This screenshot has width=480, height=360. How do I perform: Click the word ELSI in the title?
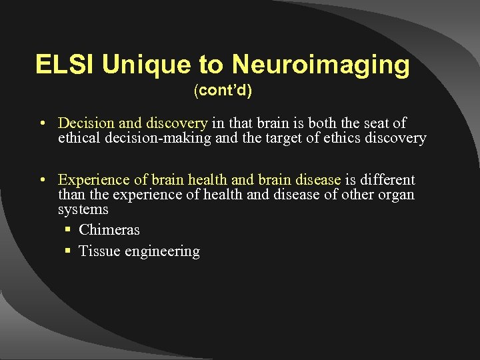pyautogui.click(x=66, y=65)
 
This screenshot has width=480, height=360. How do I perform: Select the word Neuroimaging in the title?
pyautogui.click(x=321, y=65)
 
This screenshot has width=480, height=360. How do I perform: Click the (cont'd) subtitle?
pyautogui.click(x=223, y=91)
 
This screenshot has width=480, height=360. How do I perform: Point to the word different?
pyautogui.click(x=387, y=180)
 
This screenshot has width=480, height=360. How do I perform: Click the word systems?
pyautogui.click(x=83, y=209)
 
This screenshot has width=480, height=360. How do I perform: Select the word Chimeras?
pyautogui.click(x=109, y=230)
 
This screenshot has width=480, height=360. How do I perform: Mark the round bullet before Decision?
pyautogui.click(x=42, y=124)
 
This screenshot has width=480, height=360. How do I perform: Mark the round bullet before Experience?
pyautogui.click(x=42, y=181)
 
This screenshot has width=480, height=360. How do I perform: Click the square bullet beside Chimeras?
pyautogui.click(x=68, y=231)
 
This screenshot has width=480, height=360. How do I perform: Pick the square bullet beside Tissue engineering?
pyautogui.click(x=68, y=252)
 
